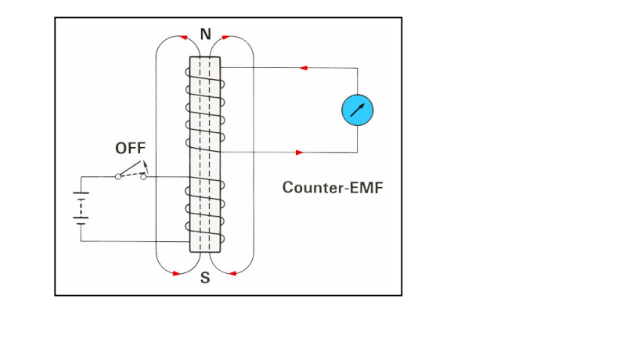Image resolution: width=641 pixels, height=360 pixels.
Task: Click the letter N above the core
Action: coord(206,34)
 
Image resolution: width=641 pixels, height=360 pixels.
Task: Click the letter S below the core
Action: coord(205,279)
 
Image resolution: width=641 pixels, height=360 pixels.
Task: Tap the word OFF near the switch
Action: coord(130,148)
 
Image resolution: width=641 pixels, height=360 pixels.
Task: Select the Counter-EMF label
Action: coord(333,188)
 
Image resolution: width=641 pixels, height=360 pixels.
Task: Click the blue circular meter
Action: coord(358,110)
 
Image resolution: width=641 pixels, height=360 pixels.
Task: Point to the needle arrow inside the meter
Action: coord(358,110)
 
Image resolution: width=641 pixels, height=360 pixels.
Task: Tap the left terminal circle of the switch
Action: coord(118,177)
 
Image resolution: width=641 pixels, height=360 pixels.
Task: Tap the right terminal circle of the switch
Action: coord(143,177)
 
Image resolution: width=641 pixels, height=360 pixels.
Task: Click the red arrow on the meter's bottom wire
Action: coord(299,151)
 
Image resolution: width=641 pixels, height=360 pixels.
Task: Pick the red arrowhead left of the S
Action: coord(177,273)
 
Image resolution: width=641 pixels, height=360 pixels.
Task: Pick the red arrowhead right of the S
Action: coord(232,273)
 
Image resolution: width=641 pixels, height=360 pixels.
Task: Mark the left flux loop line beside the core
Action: coord(157,157)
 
